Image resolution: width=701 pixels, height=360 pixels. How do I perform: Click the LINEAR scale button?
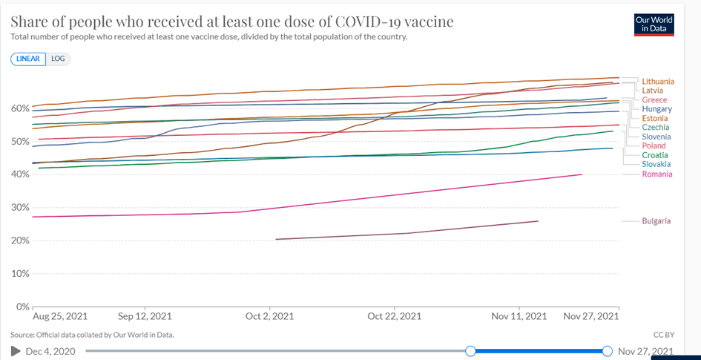28,59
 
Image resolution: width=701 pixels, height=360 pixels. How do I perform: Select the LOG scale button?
58,59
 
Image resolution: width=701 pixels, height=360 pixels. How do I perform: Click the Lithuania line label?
658,81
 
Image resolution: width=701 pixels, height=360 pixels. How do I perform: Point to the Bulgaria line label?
656,220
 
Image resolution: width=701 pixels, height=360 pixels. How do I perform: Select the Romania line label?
657,174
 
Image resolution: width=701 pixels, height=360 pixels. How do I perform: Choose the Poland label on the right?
654,146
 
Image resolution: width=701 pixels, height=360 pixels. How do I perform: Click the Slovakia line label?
656,164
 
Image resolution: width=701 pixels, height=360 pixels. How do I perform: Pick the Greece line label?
654,99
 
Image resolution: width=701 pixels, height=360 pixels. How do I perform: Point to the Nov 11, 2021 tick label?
519,315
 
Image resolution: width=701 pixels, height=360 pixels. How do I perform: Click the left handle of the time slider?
470,350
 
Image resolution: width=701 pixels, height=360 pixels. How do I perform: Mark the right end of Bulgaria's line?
538,221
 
